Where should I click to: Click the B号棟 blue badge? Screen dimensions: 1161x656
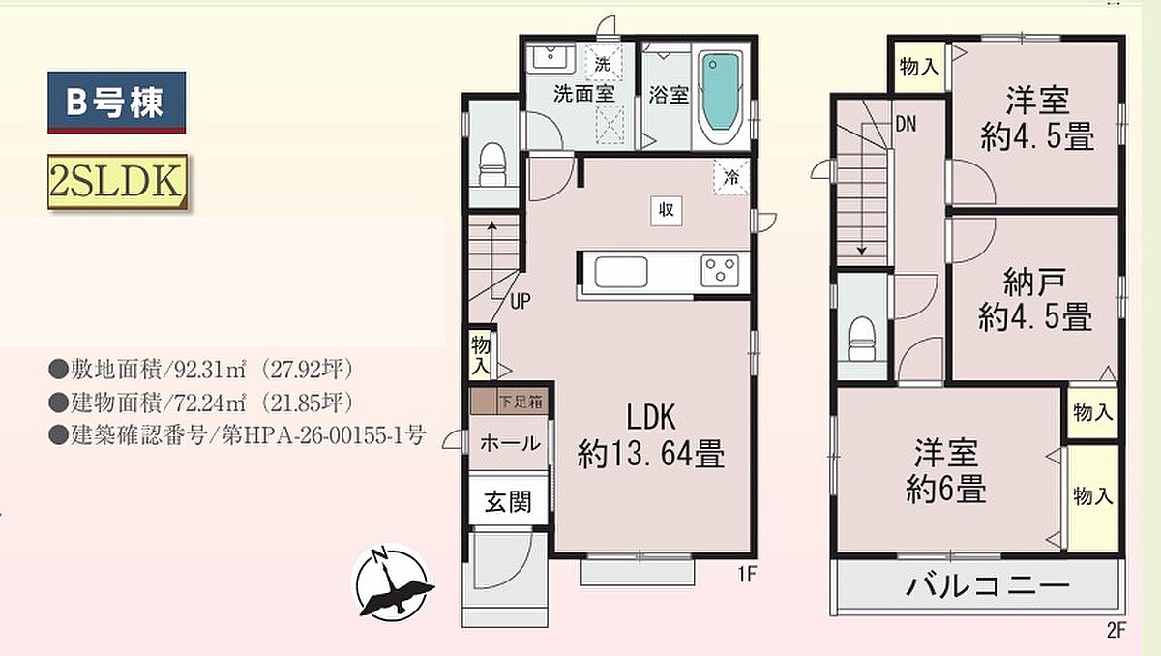(117, 103)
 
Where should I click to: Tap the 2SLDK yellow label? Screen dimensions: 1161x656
(118, 182)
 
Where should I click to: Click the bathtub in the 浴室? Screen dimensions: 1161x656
(721, 97)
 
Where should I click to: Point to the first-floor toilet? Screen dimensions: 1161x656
(492, 164)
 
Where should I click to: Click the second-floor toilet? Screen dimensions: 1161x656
(862, 339)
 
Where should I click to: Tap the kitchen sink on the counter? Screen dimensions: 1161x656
(621, 272)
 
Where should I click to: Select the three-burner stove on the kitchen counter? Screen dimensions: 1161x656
(720, 270)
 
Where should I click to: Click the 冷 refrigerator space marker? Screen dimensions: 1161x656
(730, 178)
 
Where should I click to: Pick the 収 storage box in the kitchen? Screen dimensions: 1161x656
(667, 210)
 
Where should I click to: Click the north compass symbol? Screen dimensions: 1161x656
(393, 581)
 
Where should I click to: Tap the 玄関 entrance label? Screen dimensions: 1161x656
(508, 501)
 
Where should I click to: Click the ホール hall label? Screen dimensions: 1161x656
(510, 443)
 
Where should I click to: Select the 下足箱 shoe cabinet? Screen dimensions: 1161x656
(510, 402)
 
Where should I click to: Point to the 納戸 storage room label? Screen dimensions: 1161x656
(1034, 283)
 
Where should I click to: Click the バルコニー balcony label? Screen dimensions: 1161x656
(988, 586)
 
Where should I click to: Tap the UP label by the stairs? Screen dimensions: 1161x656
(521, 301)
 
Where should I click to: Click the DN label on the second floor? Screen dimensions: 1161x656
(906, 124)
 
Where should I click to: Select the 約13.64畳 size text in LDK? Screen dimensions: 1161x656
(651, 454)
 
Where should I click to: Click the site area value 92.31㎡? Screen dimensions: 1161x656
(211, 370)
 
